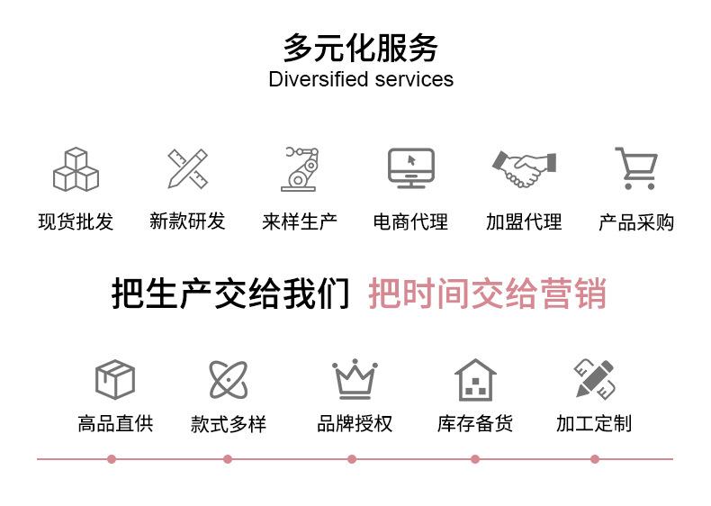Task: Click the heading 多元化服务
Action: [360, 47]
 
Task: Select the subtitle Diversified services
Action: [360, 79]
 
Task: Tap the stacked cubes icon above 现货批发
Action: [76, 169]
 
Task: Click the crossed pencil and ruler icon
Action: [187, 168]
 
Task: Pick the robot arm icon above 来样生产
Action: [300, 168]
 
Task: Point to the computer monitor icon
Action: [410, 168]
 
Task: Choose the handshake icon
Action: [524, 168]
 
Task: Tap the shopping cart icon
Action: [635, 168]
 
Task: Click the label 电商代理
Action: [410, 221]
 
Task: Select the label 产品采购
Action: [635, 221]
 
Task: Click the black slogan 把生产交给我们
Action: [230, 294]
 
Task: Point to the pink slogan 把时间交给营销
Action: [487, 294]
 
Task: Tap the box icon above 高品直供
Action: [115, 379]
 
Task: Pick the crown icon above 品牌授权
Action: [355, 379]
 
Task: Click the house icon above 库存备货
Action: [475, 379]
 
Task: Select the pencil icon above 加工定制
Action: [594, 379]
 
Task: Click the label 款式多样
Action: [229, 423]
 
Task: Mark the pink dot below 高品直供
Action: [112, 459]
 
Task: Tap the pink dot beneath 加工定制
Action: [595, 459]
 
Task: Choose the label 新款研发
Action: [187, 221]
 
